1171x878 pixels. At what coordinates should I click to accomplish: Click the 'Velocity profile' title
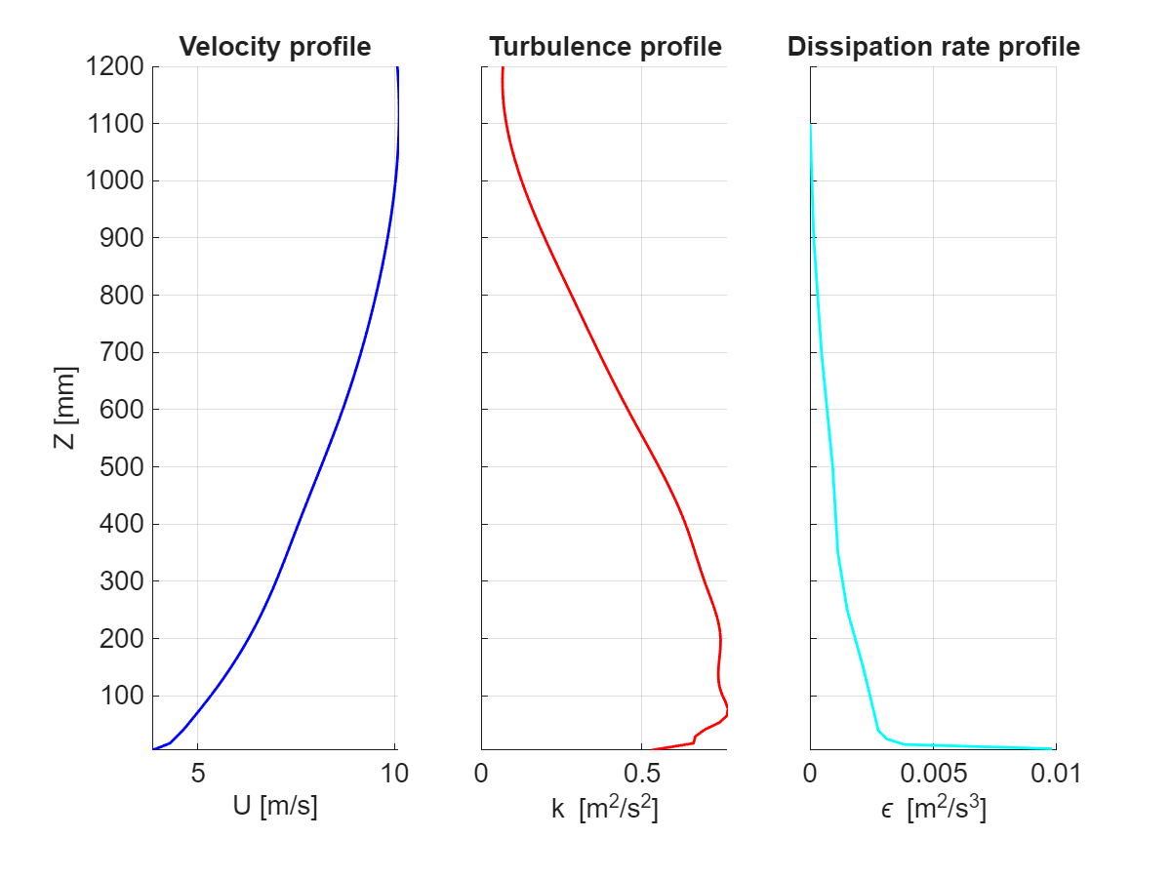coord(274,47)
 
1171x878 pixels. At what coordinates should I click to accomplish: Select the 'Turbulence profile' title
coord(605,47)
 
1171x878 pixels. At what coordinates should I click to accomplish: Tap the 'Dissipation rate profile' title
coord(934,47)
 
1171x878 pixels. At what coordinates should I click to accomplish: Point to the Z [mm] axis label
coord(65,409)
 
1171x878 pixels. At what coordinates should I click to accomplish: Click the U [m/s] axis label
coord(274,808)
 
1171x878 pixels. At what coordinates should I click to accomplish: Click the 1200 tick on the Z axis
coord(116,67)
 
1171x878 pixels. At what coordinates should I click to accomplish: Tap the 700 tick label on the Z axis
coord(122,352)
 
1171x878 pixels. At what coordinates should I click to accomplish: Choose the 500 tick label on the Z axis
coord(122,466)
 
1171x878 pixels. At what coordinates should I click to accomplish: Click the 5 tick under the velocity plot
coord(198,774)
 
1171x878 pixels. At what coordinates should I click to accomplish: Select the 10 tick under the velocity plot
coord(394,774)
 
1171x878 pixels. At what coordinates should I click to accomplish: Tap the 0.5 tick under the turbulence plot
coord(641,774)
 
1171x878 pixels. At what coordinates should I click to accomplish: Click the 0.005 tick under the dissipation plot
coord(933,774)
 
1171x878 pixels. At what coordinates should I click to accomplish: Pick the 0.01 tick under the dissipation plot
coord(1056,774)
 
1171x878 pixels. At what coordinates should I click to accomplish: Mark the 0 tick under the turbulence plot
coord(481,774)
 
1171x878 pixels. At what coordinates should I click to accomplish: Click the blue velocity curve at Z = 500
coord(316,466)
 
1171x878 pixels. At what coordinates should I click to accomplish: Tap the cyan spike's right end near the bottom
coord(1052,748)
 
